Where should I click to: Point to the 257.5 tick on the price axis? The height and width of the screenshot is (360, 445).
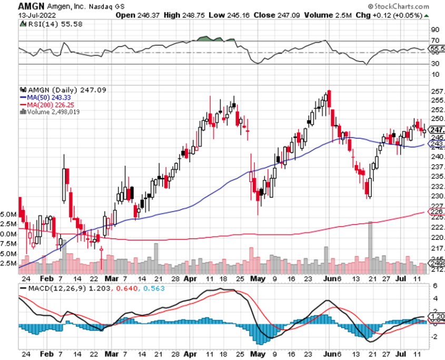tap(435, 92)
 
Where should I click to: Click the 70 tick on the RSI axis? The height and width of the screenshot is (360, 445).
tap(435, 41)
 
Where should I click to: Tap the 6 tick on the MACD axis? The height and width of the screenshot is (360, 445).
tap(434, 286)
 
